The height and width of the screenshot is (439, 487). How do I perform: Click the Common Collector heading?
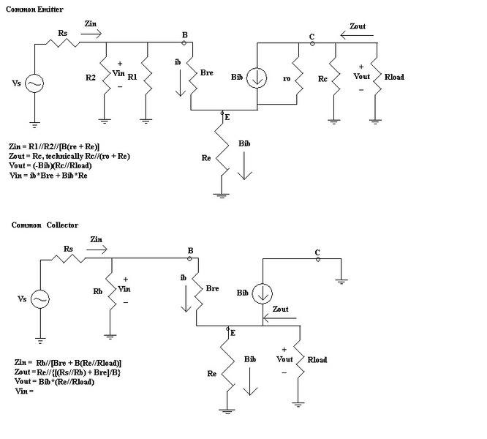pyautogui.click(x=45, y=225)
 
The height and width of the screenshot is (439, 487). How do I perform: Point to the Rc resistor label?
pyautogui.click(x=323, y=76)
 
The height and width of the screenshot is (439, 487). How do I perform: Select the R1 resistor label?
pyautogui.click(x=132, y=75)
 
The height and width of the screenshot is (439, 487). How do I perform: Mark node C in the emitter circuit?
pyautogui.click(x=312, y=43)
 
